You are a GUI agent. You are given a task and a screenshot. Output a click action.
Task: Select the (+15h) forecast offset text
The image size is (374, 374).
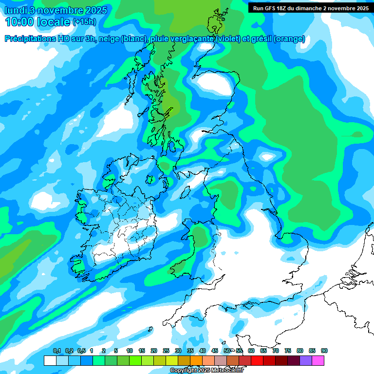[84, 21]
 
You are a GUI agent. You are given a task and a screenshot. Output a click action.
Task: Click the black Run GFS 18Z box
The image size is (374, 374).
[310, 8]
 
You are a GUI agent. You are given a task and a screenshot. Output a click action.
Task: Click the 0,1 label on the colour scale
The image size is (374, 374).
[57, 351]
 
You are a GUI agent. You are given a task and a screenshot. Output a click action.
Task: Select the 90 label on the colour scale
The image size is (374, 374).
[324, 351]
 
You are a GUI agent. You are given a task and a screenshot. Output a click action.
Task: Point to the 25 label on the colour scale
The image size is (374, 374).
[166, 351]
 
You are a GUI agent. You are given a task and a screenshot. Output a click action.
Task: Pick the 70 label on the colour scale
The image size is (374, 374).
[276, 351]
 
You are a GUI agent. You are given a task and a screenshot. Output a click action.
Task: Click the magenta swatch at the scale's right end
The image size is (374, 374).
[318, 360]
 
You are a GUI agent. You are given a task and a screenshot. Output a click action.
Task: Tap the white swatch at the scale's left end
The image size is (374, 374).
[50, 360]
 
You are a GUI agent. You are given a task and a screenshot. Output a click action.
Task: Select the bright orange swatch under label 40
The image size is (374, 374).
[196, 360]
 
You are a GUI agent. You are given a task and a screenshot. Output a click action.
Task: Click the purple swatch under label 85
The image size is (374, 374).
[306, 360]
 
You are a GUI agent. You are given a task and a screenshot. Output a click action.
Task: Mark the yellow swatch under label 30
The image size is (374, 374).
[172, 360]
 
